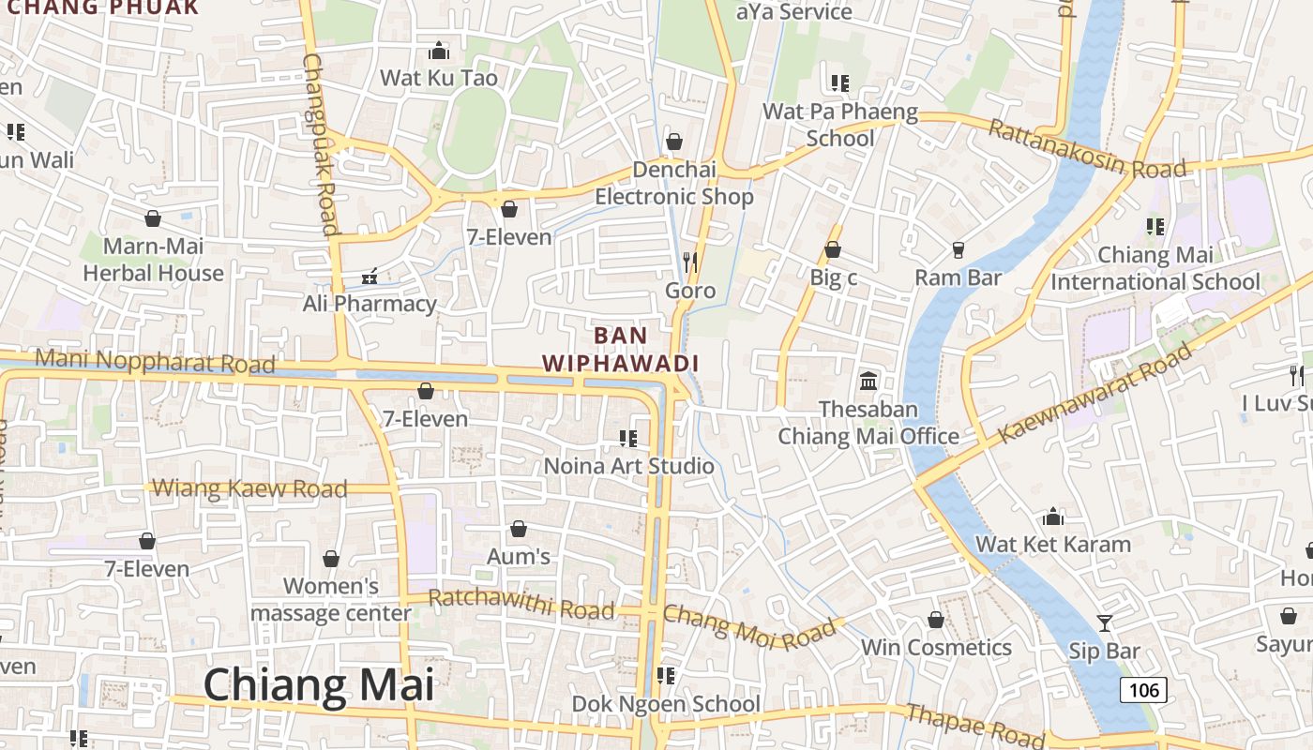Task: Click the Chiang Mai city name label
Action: point(319,685)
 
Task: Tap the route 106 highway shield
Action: point(1143,691)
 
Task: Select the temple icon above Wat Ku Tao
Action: point(438,51)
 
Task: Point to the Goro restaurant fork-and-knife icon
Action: point(691,262)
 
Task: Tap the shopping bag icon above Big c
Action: point(832,249)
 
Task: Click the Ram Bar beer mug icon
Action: point(958,249)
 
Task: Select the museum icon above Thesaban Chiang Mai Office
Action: point(868,382)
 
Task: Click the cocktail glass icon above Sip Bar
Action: point(1105,622)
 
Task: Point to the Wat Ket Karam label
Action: point(1053,545)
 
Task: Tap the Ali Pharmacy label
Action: point(370,304)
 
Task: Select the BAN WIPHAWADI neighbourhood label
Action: point(621,349)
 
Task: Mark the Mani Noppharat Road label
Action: point(155,361)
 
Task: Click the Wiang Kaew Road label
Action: point(249,488)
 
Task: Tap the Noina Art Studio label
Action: point(629,466)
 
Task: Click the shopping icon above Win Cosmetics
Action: point(935,620)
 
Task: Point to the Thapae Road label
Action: point(969,725)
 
